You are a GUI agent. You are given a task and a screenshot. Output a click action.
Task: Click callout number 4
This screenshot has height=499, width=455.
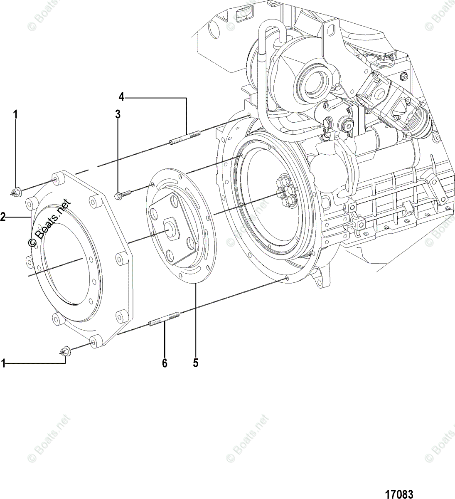click(x=121, y=97)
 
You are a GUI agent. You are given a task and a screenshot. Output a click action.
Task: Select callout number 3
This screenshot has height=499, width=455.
click(x=118, y=114)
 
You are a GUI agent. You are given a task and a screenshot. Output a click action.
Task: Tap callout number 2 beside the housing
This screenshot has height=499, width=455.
click(x=3, y=217)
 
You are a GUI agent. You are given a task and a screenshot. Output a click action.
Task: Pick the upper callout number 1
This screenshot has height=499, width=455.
click(x=15, y=114)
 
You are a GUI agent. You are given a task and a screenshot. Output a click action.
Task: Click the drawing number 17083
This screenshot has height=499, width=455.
click(x=399, y=487)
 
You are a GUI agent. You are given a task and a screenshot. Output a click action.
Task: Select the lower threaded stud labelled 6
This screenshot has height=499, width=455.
click(x=164, y=319)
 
